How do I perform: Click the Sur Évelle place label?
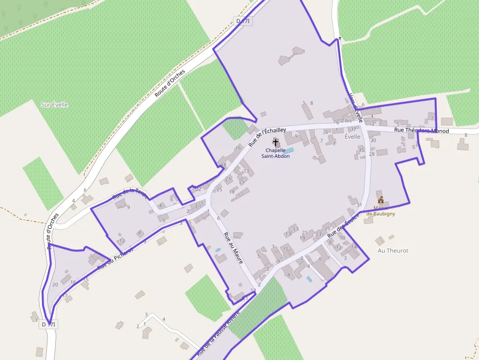(x=54, y=105)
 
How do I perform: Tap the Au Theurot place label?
(x=393, y=251)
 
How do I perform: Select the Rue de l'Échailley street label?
(x=267, y=136)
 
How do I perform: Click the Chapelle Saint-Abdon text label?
(x=278, y=153)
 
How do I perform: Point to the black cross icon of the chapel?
(x=276, y=143)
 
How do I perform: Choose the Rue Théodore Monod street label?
(x=421, y=130)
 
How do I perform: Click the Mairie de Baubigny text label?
(x=381, y=211)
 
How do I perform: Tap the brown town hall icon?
(x=381, y=200)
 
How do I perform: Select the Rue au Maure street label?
(x=234, y=248)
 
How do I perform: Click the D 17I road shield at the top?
(x=243, y=21)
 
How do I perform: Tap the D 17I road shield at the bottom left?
(x=49, y=324)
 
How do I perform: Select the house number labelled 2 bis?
(x=347, y=120)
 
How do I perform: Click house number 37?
(x=353, y=129)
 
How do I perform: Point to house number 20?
(x=55, y=284)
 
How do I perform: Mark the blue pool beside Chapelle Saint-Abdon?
(x=289, y=150)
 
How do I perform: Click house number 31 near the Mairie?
(x=359, y=205)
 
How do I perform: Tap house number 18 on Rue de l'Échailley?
(x=223, y=165)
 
